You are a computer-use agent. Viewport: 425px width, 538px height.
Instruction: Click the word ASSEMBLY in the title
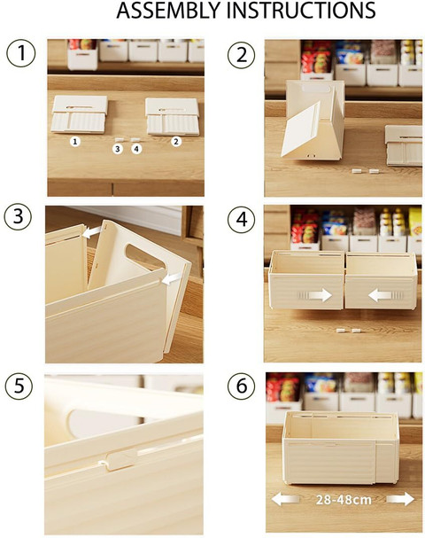coord(169,11)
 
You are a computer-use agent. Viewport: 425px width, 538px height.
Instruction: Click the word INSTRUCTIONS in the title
coord(302,11)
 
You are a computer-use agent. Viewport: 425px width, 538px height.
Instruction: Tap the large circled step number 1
coord(21,53)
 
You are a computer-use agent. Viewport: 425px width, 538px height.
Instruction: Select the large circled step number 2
coord(242,55)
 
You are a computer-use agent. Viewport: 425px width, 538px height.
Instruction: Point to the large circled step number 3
coord(19,217)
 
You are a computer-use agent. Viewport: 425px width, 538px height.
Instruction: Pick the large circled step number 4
coord(242,219)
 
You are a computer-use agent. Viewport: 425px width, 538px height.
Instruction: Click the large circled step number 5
coord(19,386)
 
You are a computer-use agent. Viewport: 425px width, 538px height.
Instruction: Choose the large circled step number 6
coord(242,386)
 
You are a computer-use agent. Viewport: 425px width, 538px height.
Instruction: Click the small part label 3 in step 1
coord(118,149)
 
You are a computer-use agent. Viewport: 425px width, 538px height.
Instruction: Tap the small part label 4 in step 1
coord(136,149)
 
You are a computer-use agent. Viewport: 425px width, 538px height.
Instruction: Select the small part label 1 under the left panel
coord(75,141)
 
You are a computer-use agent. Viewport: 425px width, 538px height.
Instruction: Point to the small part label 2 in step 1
coord(176,141)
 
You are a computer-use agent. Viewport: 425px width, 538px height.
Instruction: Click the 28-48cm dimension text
coord(344,500)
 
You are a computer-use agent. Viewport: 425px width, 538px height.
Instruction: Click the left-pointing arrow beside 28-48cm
coord(284,499)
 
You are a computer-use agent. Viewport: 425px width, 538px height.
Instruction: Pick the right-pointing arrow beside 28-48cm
coord(400,499)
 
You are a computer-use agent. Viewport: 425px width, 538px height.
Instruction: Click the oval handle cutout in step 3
coord(146,256)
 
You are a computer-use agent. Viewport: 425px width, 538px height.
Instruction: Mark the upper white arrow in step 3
coord(92,231)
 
